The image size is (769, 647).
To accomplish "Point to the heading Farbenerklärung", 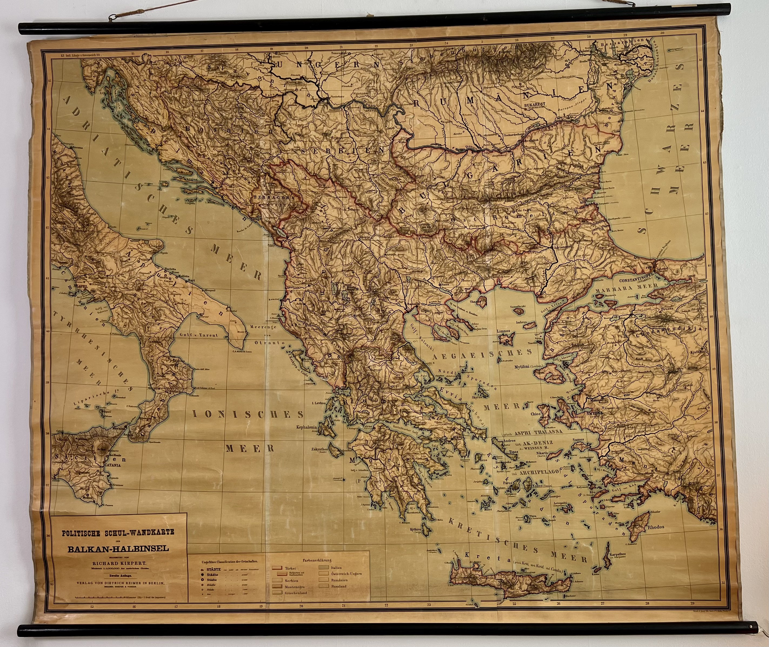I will [317, 560].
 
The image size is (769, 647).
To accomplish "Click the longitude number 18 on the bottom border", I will [219, 606].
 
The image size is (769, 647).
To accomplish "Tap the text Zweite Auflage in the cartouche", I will [118, 575].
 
